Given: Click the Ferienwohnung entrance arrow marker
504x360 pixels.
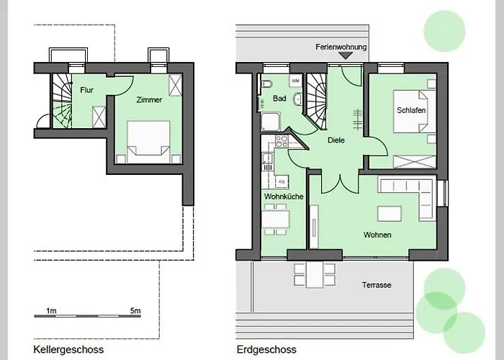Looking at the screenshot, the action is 346,56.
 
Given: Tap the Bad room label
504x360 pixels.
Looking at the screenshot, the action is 279,98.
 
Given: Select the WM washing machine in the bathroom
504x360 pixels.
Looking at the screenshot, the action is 295,81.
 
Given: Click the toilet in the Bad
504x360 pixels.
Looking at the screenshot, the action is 266,84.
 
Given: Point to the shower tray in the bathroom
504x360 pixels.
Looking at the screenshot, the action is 271,122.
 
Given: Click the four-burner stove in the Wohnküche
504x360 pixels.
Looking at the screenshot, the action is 282,141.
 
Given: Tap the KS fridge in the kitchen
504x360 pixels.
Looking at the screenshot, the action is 282,182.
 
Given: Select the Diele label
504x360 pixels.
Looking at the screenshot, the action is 336,140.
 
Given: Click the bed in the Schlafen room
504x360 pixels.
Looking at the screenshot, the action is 410,112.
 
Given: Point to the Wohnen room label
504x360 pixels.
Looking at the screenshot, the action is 377,235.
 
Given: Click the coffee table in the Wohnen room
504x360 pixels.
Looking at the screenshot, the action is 390,214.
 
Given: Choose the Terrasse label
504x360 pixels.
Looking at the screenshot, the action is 377,285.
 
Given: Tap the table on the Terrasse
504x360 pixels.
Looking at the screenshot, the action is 315,275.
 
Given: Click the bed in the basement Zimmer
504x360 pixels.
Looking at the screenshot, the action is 148,142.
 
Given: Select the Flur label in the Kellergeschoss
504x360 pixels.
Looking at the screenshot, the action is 87,90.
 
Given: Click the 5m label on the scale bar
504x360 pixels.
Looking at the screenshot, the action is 135,311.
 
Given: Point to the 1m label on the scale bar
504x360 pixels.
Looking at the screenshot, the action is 51,311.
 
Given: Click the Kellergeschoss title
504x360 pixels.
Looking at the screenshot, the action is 68,349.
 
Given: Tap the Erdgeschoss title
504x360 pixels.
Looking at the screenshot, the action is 266,349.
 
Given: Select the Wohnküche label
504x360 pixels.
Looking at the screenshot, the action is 284,197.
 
